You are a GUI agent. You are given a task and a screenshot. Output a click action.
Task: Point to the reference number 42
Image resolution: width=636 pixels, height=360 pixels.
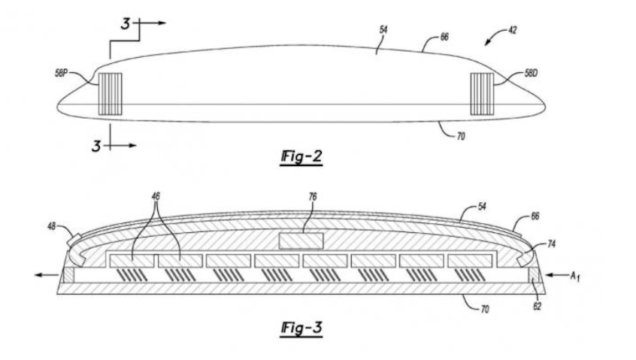[512, 30]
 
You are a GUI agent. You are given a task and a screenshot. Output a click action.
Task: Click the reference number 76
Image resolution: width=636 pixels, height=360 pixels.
[313, 196]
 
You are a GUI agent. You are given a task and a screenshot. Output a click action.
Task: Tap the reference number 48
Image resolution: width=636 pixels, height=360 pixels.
[51, 225]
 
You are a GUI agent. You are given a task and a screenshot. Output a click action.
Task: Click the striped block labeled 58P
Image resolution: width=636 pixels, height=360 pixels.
[110, 94]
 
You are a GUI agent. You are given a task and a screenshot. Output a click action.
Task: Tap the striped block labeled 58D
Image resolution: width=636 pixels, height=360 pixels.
[481, 94]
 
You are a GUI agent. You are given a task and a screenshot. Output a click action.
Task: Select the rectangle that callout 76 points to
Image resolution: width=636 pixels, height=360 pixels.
[300, 241]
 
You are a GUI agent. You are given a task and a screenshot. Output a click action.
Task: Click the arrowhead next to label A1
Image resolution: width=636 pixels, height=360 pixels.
[549, 275]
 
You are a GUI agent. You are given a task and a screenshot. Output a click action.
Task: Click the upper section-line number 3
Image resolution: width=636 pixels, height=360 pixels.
[126, 25]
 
